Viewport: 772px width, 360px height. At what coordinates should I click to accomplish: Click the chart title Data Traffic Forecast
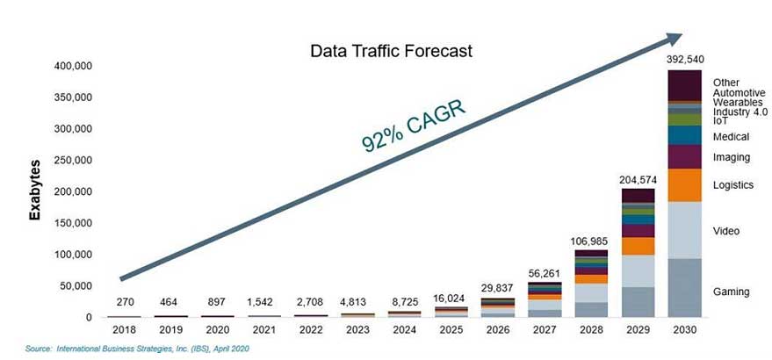click(391, 52)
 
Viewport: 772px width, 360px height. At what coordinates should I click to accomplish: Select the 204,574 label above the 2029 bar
click(638, 180)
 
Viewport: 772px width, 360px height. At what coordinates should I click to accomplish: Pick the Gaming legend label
click(731, 292)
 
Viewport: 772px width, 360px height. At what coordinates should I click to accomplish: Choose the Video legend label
click(727, 231)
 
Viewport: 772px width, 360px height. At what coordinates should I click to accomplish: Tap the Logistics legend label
click(733, 185)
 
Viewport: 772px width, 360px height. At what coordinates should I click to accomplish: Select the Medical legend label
click(731, 137)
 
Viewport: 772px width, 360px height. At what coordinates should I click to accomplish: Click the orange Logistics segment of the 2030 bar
click(684, 184)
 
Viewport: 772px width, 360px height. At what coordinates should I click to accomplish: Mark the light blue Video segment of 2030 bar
click(684, 230)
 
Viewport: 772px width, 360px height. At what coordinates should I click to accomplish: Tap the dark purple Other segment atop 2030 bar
click(684, 85)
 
